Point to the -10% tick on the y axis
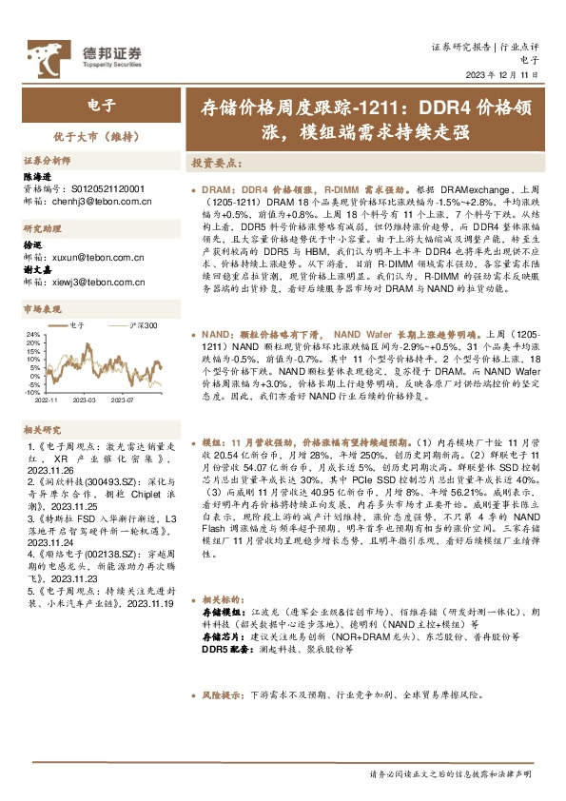click(31, 391)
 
